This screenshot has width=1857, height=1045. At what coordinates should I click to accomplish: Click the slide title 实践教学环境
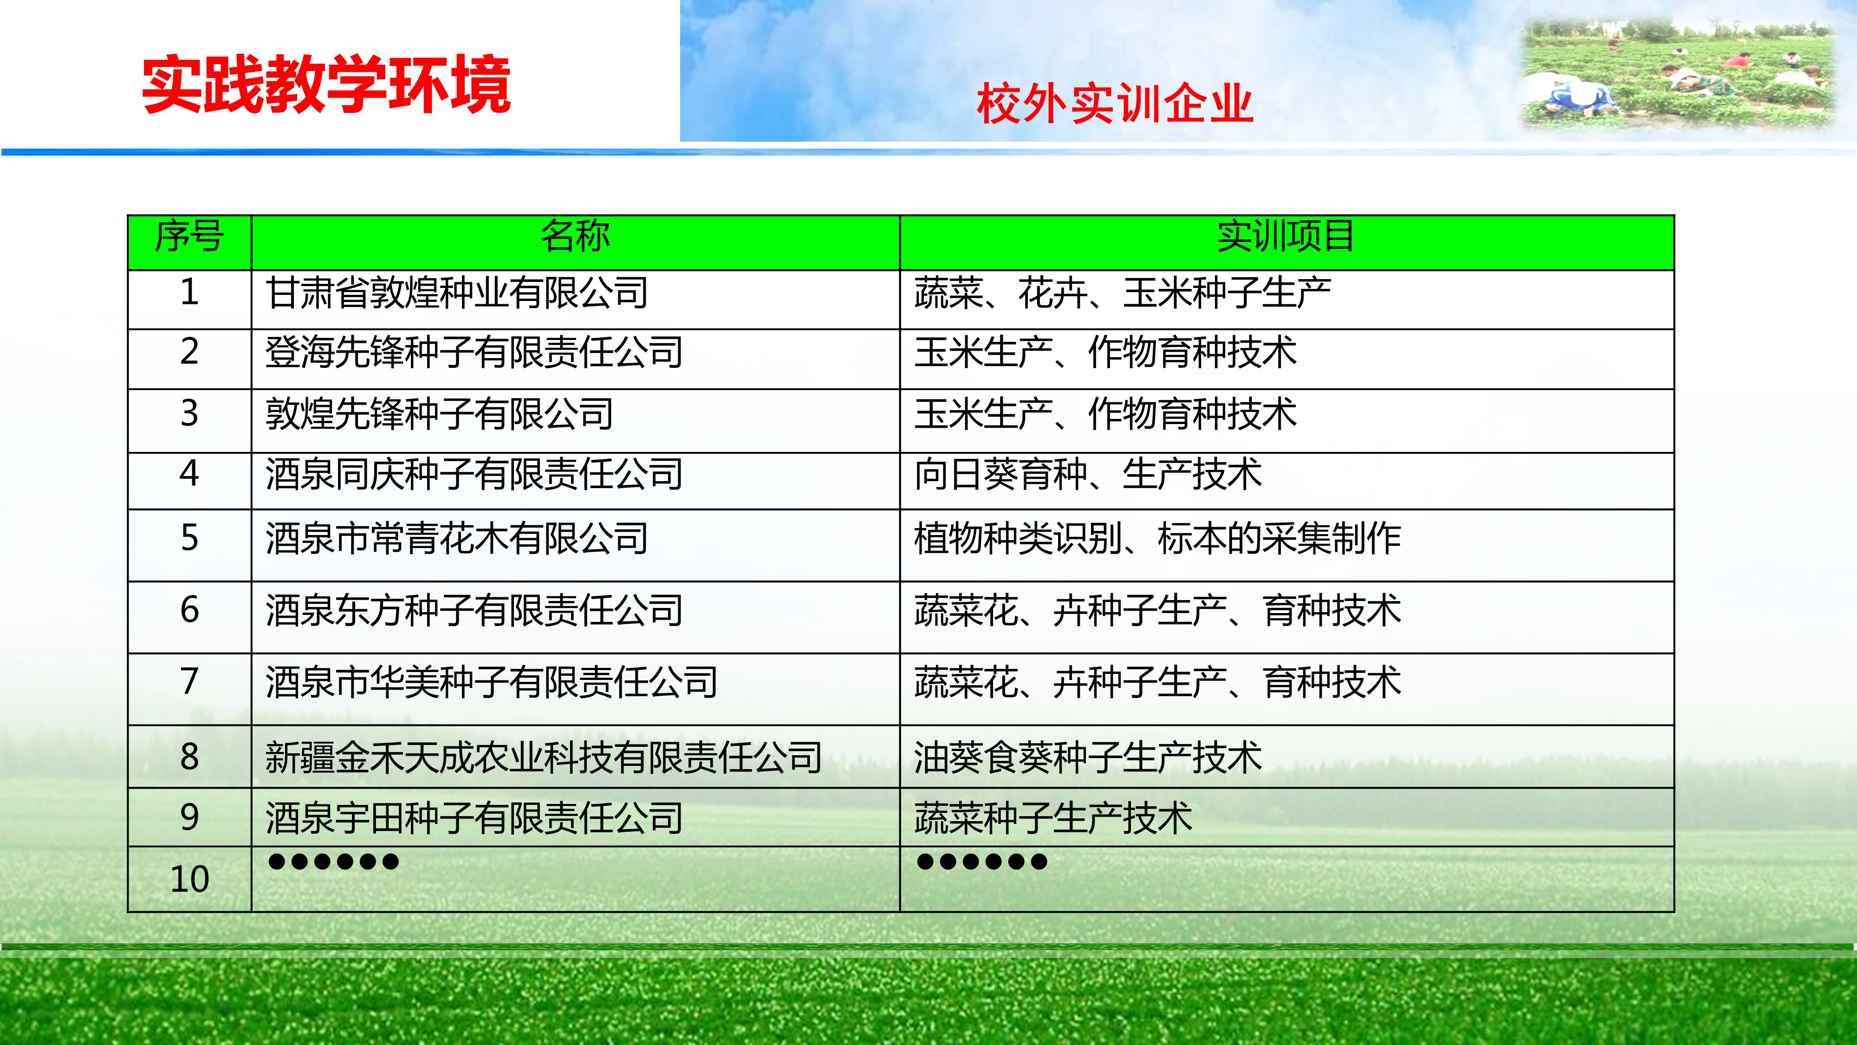click(x=326, y=85)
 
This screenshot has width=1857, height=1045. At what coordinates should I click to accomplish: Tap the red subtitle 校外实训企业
click(x=1115, y=104)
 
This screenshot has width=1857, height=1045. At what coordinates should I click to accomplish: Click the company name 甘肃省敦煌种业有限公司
click(x=457, y=293)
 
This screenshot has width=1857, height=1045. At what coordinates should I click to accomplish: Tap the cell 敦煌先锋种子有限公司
click(x=440, y=413)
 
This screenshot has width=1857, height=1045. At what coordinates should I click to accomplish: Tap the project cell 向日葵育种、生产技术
click(x=1088, y=474)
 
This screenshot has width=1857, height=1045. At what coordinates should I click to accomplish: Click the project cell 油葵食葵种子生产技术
click(x=1088, y=757)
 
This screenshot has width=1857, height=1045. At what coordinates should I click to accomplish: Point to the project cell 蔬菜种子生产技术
click(x=1053, y=818)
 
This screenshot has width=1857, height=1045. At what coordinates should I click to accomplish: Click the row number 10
click(x=189, y=879)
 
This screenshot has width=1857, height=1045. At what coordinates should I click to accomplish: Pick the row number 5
click(x=189, y=538)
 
